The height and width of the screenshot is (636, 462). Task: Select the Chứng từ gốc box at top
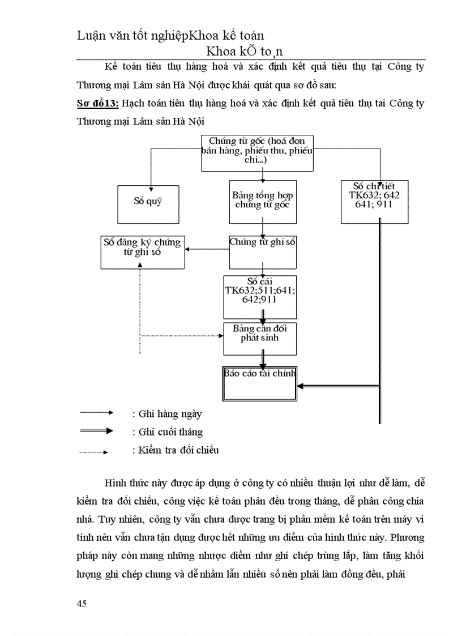coord(258,153)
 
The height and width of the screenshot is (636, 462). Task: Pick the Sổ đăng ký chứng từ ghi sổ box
coord(143,252)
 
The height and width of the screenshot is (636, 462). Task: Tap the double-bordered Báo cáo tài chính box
coord(259,383)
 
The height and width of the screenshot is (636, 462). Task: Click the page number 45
coord(82,604)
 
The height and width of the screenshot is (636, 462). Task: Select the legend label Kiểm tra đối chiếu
coord(175,450)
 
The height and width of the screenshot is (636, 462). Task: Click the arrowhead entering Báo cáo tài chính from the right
coord(302,386)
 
